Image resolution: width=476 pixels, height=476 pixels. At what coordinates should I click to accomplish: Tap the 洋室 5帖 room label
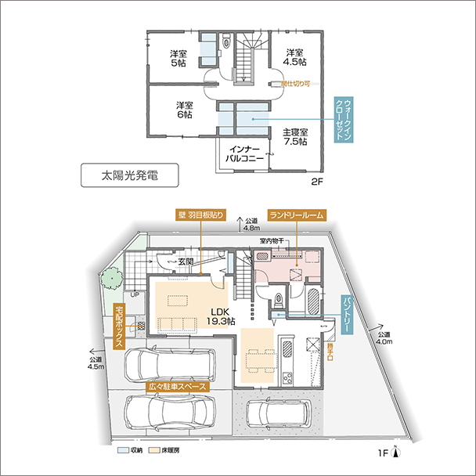pos(178,59)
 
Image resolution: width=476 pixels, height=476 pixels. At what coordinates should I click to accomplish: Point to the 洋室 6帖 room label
pos(183,110)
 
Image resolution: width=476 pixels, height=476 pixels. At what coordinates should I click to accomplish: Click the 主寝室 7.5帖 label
pos(295,137)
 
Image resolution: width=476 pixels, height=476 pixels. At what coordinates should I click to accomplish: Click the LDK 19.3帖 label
pos(222,316)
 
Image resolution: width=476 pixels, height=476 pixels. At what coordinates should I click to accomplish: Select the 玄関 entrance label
pos(186,261)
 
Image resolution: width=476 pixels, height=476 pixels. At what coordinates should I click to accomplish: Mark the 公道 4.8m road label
pos(251,226)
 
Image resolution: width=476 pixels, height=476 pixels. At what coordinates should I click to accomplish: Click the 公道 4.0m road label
pos(383,337)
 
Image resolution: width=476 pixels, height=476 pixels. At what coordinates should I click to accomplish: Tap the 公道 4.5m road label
pos(96,362)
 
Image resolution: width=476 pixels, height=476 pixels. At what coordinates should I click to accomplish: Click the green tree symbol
pos(110,278)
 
